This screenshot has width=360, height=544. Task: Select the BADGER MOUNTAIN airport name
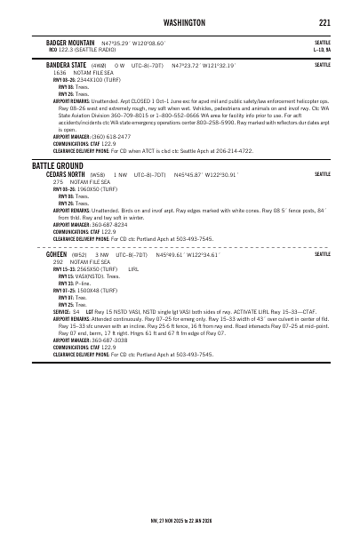click(71, 42)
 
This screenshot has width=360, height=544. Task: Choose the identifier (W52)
click(78, 254)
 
